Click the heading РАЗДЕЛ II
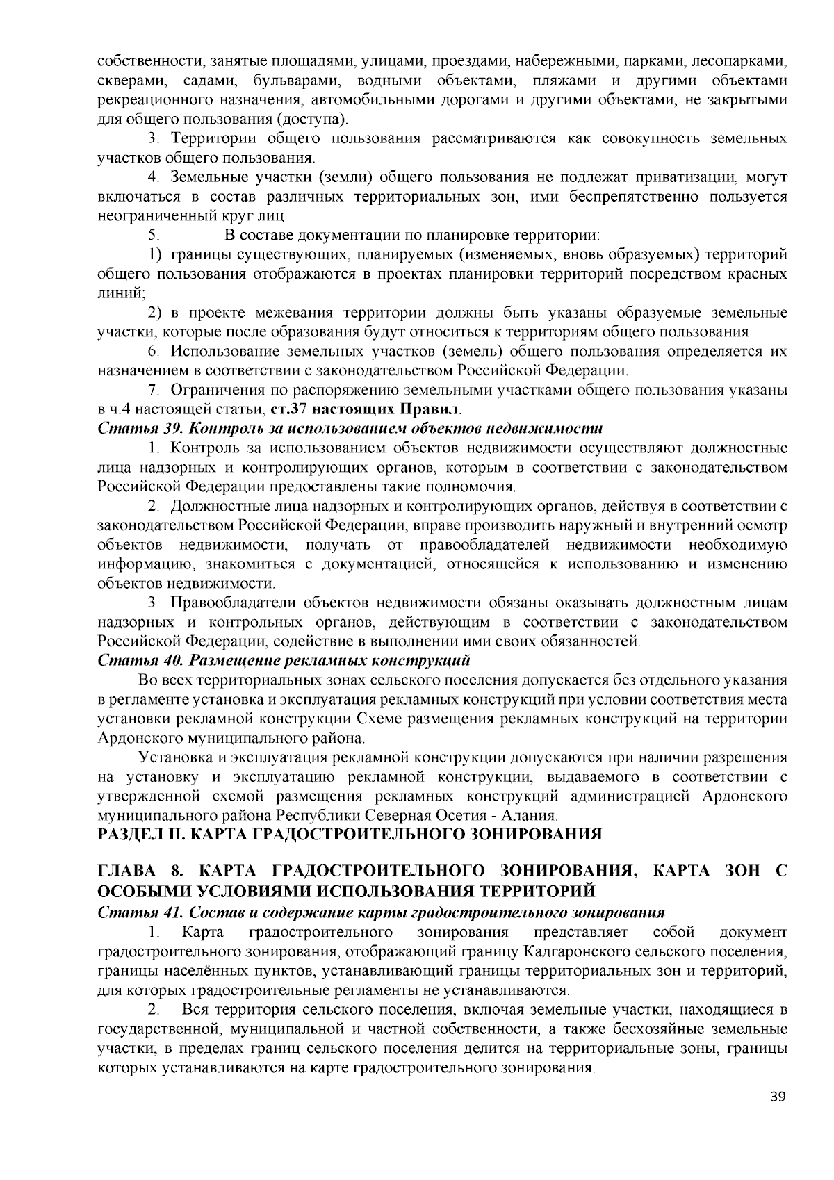[350, 834]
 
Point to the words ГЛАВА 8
[142, 871]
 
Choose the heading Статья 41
[382, 912]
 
